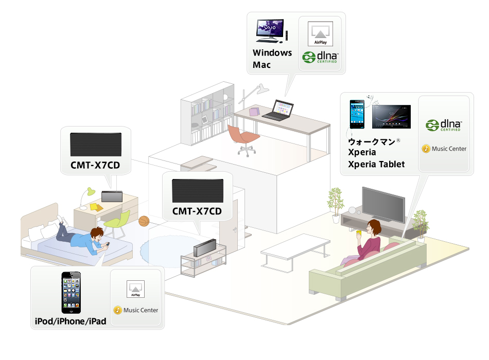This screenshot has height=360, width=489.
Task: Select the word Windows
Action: (272, 53)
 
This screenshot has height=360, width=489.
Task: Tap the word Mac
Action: (261, 65)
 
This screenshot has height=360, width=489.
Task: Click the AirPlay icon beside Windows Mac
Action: (320, 33)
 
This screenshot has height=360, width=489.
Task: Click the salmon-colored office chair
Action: (243, 136)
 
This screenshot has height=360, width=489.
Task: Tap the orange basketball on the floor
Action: (144, 221)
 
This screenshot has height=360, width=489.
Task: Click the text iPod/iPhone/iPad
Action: (70, 321)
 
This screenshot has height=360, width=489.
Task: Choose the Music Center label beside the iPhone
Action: (136, 310)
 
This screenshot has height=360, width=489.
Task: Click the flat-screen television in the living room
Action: (383, 204)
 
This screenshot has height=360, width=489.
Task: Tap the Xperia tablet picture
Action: (391, 117)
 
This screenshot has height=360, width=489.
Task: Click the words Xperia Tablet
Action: (376, 164)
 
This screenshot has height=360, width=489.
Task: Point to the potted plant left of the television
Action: (335, 201)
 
